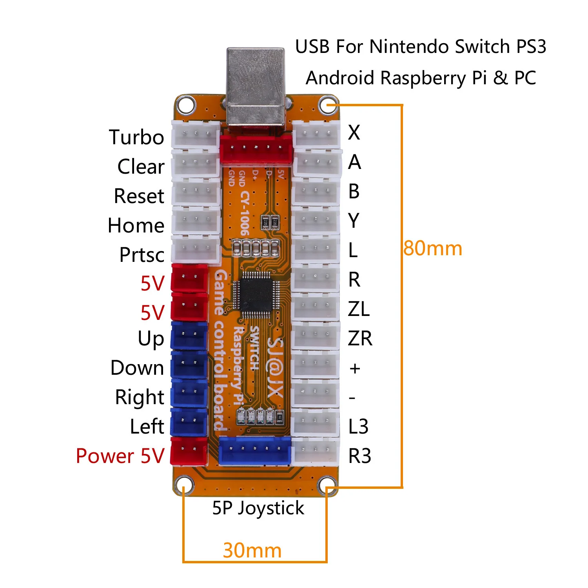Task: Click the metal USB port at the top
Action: click(256, 88)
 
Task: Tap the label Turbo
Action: click(136, 137)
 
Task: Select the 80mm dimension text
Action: click(433, 249)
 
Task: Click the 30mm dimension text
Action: click(252, 550)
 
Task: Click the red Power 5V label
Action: click(120, 456)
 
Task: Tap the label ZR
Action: click(360, 338)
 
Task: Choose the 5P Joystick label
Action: click(258, 508)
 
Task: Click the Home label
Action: click(136, 225)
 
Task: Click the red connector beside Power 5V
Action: click(189, 451)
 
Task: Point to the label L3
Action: click(359, 426)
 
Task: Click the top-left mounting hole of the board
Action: click(185, 105)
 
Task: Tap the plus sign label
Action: click(355, 368)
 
